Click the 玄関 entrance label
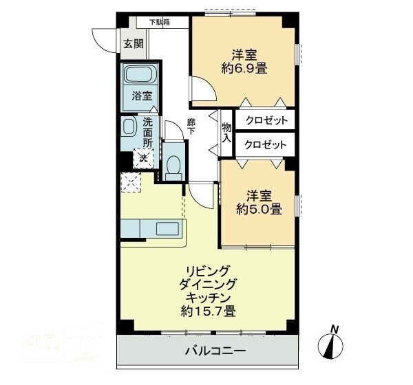click(134, 44)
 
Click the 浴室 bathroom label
click(142, 97)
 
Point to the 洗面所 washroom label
click(148, 133)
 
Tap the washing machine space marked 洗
click(143, 158)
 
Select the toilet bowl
click(173, 165)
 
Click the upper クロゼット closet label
click(266, 120)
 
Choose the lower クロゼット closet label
click(266, 144)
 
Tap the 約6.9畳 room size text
click(244, 68)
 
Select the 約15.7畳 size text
click(208, 311)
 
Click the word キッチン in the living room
click(208, 297)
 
